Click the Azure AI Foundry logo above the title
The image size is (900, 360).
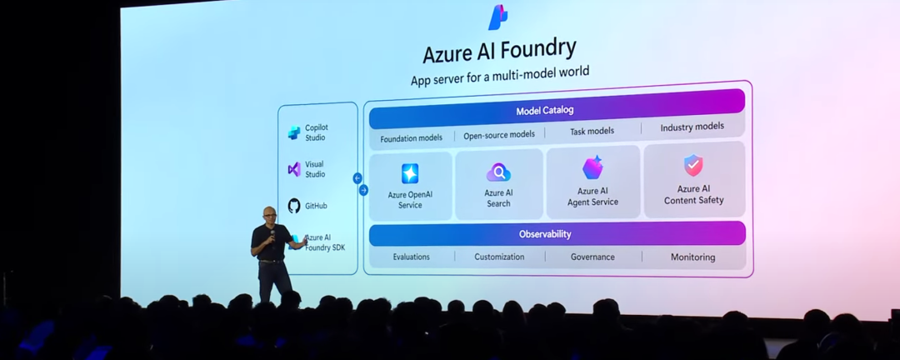pyautogui.click(x=498, y=17)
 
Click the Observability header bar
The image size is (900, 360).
pyautogui.click(x=557, y=234)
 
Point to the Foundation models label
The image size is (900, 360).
pyautogui.click(x=411, y=138)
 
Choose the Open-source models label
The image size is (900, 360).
pyautogui.click(x=499, y=135)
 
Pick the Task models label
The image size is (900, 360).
pyautogui.click(x=592, y=131)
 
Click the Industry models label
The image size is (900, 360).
pyautogui.click(x=692, y=127)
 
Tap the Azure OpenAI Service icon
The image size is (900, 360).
pyautogui.click(x=410, y=173)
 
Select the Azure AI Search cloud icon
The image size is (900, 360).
pyautogui.click(x=498, y=172)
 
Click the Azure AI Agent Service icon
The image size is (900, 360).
pyautogui.click(x=592, y=167)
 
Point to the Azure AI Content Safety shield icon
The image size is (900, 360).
pyautogui.click(x=693, y=165)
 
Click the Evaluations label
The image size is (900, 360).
pyautogui.click(x=412, y=257)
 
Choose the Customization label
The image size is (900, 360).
pyautogui.click(x=499, y=257)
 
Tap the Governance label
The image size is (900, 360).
pyautogui.click(x=592, y=257)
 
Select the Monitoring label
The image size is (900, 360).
pyautogui.click(x=692, y=257)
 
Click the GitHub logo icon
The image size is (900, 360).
pyautogui.click(x=294, y=206)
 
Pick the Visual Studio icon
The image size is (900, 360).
pyautogui.click(x=294, y=169)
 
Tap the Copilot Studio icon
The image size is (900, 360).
pyautogui.click(x=294, y=132)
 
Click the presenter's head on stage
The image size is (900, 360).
pyautogui.click(x=269, y=214)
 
